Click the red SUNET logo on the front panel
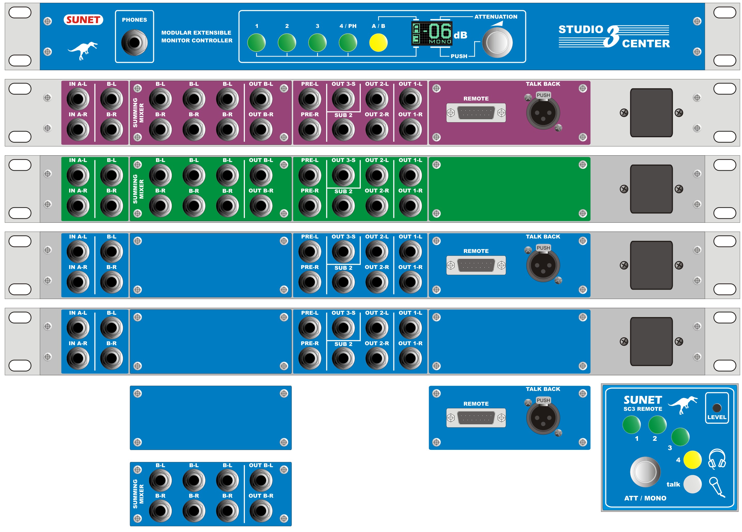(83, 20)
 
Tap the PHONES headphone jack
(135, 43)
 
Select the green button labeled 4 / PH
(348, 43)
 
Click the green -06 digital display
(432, 33)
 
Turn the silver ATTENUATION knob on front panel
(497, 43)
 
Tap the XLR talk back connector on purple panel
(543, 113)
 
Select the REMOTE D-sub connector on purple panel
(476, 113)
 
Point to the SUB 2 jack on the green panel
(343, 206)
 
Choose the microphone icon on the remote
(716, 487)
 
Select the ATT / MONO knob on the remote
(645, 472)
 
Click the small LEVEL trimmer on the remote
(716, 408)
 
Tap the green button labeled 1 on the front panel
(256, 43)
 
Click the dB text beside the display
(460, 35)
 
